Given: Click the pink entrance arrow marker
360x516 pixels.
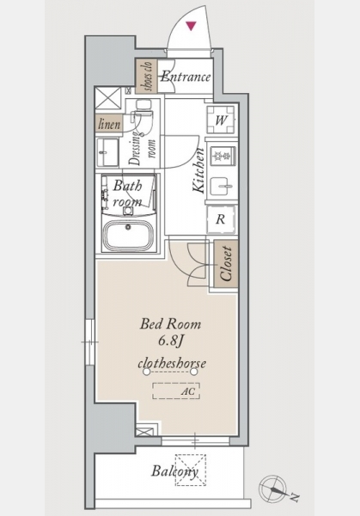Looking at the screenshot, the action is [191, 26].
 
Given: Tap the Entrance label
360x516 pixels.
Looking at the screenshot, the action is [186, 77].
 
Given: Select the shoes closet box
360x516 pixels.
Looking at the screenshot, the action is [147, 76].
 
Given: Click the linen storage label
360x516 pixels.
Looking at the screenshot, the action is [109, 124].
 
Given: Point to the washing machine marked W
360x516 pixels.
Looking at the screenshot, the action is [221, 120].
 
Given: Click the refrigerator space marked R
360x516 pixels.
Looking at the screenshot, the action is [221, 219].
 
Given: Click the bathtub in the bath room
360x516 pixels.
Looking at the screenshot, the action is [128, 235].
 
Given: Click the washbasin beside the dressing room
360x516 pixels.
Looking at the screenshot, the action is [107, 152].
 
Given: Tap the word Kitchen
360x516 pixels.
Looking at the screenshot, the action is [198, 170].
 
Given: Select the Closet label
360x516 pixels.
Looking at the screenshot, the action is [226, 264].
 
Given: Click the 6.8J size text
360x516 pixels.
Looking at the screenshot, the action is [170, 341].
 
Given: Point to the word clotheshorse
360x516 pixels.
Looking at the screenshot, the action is [172, 363].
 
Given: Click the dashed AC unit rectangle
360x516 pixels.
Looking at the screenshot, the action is [176, 391].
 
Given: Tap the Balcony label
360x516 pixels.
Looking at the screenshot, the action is [175, 471].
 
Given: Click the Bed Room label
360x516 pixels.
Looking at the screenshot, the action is [170, 324].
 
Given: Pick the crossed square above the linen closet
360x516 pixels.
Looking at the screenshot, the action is [108, 98].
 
